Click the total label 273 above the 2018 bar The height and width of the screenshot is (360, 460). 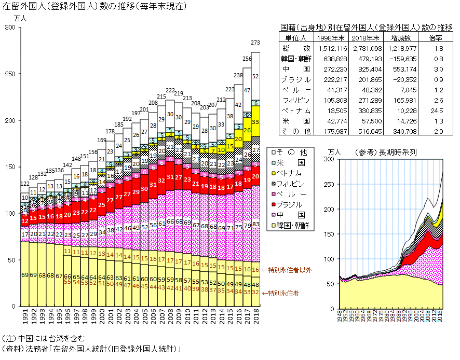[255, 43]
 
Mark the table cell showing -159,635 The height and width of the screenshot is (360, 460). [400, 58]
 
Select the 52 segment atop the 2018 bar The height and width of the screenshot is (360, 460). [255, 76]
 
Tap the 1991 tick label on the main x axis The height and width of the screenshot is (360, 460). [24, 317]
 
